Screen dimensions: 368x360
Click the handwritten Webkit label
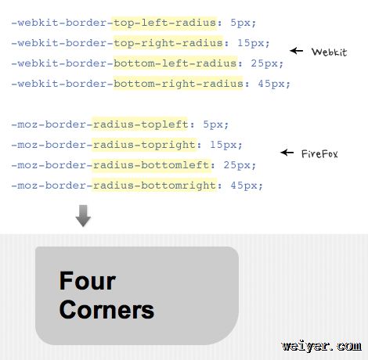point(330,52)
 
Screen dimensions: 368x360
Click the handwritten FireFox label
point(319,153)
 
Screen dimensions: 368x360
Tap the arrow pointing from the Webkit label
point(297,50)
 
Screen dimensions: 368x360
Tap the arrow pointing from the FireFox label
point(287,153)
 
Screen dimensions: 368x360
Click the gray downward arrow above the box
point(83,216)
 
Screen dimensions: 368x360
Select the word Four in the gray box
point(88,281)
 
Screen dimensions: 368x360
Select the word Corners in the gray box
point(106,310)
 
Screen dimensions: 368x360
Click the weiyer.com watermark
point(321,346)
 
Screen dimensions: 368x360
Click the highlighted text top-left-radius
point(164,23)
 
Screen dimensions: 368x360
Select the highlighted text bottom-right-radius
point(179,84)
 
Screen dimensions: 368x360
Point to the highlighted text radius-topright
point(144,145)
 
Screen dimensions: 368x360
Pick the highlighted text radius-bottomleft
point(151,165)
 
